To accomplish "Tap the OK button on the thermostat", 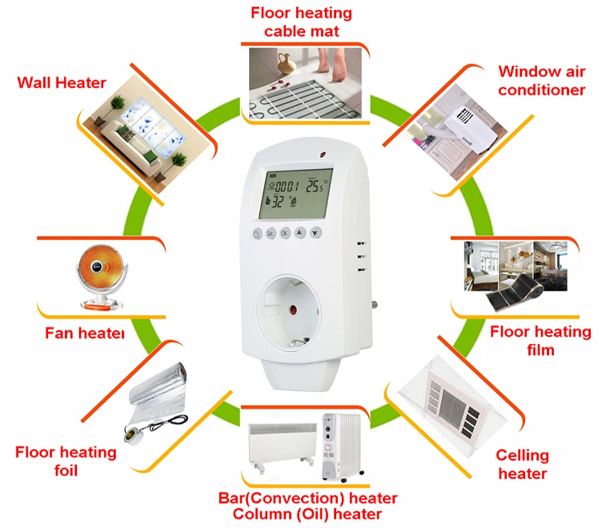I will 286,234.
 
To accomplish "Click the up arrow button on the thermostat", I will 301,233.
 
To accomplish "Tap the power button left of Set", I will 257,234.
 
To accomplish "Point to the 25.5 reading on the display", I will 316,187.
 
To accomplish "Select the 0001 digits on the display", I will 287,187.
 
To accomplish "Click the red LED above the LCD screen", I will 321,154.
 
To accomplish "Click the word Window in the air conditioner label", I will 524,71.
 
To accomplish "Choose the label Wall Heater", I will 62,82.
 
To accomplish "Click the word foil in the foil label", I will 65,471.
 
